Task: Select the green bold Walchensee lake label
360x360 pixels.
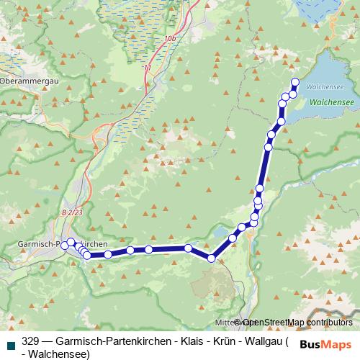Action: tap(331, 103)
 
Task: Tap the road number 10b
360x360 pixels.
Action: tap(170, 37)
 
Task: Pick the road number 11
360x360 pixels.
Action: tap(148, 68)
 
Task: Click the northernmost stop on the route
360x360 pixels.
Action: tap(294, 81)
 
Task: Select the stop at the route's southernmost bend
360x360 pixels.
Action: tap(212, 258)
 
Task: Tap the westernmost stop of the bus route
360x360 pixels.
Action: tap(64, 246)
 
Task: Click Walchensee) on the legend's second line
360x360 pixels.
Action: tap(59, 354)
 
